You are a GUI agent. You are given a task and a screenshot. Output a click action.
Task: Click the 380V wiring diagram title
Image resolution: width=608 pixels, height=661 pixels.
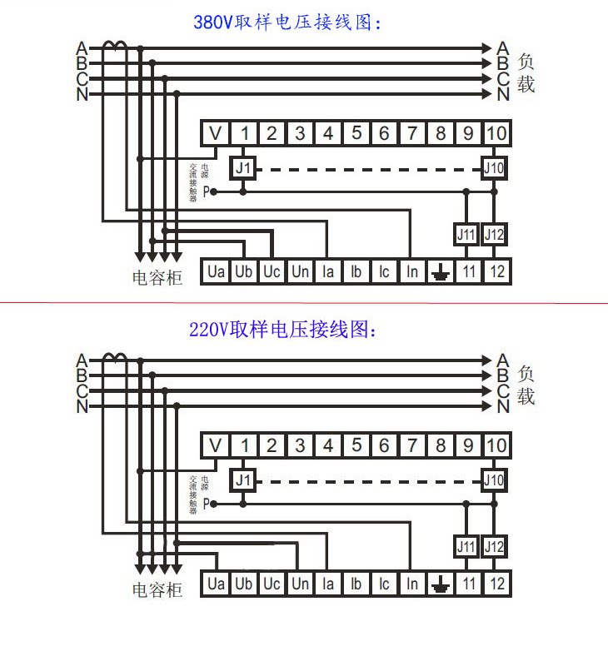click(x=287, y=22)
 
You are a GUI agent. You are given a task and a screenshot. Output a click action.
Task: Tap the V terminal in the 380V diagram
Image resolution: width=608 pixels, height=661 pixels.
click(x=216, y=133)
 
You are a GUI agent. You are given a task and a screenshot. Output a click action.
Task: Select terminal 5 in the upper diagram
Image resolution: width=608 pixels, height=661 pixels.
click(x=356, y=133)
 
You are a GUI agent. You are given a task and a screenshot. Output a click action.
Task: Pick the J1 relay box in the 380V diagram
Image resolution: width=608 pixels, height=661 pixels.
click(x=243, y=168)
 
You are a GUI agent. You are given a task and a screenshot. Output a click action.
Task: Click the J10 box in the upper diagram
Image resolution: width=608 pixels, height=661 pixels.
click(x=495, y=168)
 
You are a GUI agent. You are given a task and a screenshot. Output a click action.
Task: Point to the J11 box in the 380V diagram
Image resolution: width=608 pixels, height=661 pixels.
click(x=466, y=236)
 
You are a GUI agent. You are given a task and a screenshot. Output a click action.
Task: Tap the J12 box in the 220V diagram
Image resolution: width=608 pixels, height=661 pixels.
click(x=495, y=547)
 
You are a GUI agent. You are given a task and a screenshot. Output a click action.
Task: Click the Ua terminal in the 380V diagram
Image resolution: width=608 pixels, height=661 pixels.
click(x=216, y=271)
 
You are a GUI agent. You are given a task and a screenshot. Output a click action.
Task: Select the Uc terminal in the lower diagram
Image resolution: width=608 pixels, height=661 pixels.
click(x=272, y=584)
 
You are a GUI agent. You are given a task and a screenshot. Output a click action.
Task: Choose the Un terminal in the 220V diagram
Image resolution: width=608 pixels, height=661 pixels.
click(x=300, y=584)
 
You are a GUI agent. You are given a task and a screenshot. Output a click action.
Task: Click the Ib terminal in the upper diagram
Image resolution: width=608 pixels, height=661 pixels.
click(x=356, y=271)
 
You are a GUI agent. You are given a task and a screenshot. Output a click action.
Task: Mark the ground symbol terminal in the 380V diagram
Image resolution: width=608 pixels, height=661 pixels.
click(x=441, y=271)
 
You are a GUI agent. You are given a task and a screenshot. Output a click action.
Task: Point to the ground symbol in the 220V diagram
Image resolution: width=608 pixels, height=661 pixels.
click(x=441, y=584)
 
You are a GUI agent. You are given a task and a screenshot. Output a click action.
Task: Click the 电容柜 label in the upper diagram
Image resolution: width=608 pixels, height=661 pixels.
click(x=157, y=278)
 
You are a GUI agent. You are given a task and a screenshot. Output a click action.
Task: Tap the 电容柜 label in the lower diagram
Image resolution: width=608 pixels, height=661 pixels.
click(x=157, y=590)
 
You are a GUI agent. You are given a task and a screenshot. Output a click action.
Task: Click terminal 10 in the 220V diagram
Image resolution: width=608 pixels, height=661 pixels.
click(x=496, y=445)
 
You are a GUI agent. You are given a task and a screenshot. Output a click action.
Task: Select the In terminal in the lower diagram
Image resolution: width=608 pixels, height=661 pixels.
click(x=412, y=584)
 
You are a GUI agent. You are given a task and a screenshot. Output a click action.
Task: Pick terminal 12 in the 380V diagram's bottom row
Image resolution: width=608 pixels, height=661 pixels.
click(x=496, y=271)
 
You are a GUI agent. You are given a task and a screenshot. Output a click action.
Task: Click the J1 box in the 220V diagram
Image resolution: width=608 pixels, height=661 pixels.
click(x=243, y=480)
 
